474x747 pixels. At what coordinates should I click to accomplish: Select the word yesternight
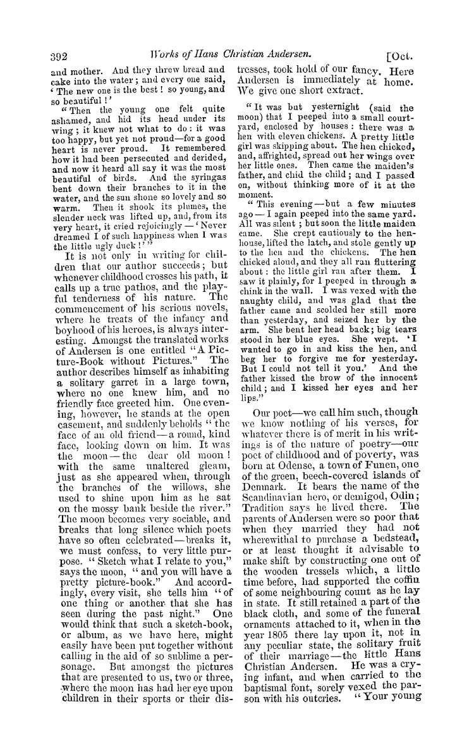[x=332, y=108]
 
